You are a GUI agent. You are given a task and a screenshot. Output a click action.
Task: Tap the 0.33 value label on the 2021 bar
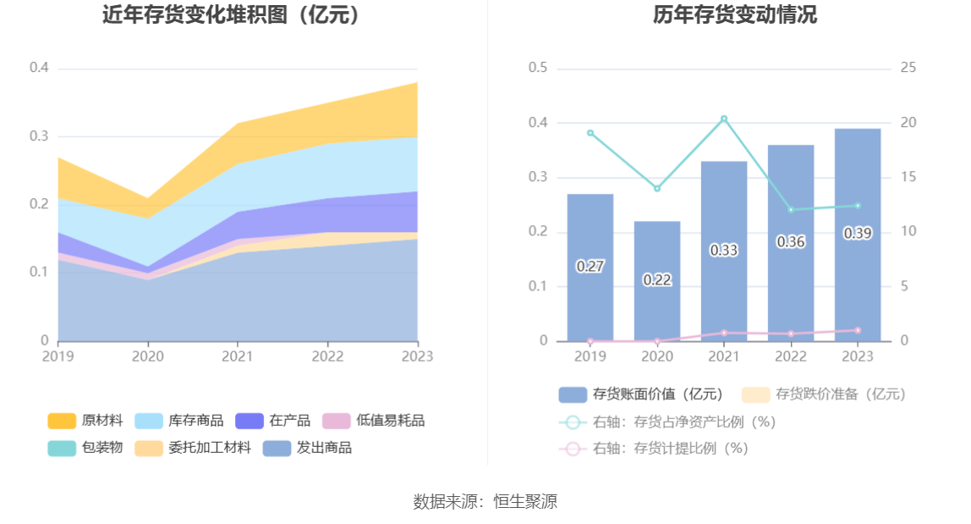[723, 251]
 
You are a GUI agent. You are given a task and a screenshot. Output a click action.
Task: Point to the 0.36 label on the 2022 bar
[791, 242]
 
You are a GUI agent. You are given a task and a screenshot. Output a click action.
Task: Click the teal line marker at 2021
[724, 119]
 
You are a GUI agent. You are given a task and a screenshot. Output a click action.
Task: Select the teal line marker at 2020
[657, 189]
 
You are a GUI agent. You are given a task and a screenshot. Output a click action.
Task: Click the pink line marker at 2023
[858, 330]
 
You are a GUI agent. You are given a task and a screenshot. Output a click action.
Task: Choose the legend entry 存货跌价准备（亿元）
[824, 394]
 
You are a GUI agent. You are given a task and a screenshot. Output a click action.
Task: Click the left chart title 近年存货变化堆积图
[230, 14]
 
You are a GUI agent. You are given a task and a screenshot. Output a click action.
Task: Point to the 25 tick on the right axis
[908, 68]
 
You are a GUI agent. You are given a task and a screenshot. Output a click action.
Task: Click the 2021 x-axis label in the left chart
[238, 356]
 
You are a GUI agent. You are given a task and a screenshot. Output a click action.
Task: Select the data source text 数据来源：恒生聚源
[485, 501]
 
